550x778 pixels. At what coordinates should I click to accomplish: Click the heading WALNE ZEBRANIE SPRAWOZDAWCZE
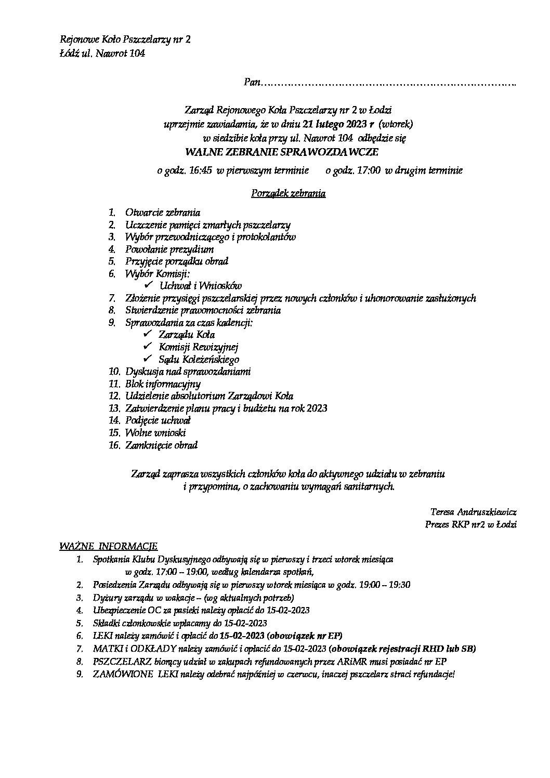(x=282, y=152)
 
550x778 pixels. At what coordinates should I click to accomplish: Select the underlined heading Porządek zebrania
(x=289, y=194)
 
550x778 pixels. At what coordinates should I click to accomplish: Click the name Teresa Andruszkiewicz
(x=474, y=512)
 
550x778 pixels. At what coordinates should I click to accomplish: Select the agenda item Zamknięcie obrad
(x=161, y=445)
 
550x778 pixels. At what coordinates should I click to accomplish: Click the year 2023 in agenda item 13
(x=317, y=408)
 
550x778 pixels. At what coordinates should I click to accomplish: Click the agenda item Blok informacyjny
(x=163, y=384)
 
